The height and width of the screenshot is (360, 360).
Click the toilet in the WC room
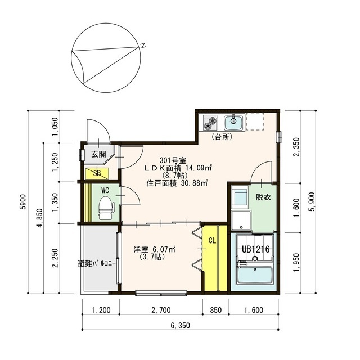(x=106, y=208)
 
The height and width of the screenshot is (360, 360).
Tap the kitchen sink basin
(x=233, y=123)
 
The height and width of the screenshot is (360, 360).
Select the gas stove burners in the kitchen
(x=210, y=123)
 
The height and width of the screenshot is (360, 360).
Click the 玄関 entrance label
(x=99, y=154)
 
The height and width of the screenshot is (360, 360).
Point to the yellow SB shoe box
(x=97, y=174)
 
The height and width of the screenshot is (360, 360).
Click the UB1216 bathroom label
(x=256, y=249)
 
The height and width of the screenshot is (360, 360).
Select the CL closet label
(x=212, y=240)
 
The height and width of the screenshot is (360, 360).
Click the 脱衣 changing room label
(x=263, y=197)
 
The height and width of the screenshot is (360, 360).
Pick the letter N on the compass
(x=143, y=45)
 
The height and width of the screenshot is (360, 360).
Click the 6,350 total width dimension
(x=180, y=325)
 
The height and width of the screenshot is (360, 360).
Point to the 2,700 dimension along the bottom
(x=161, y=310)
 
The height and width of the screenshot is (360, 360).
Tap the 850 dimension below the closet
(x=216, y=310)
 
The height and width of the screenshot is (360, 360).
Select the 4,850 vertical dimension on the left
(x=39, y=218)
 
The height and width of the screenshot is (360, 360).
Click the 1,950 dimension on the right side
(x=296, y=262)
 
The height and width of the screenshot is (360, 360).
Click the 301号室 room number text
(x=173, y=160)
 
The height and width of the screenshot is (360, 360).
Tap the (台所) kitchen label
(x=222, y=137)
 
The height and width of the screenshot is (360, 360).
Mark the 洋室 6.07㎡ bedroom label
(x=155, y=249)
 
